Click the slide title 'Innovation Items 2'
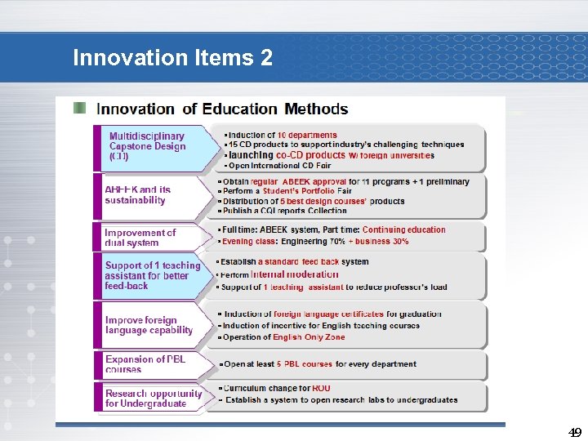tap(172, 58)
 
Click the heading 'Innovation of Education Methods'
tap(222, 109)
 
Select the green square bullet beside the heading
tap(79, 108)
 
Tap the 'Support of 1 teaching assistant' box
tap(152, 276)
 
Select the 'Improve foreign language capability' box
tap(149, 325)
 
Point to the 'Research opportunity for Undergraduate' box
tap(153, 398)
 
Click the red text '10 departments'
tap(306, 135)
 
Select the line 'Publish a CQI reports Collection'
tap(285, 211)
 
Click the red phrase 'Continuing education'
tap(403, 229)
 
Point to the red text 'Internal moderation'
tap(294, 274)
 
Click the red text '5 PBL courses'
tap(304, 364)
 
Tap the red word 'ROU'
tap(321, 388)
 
